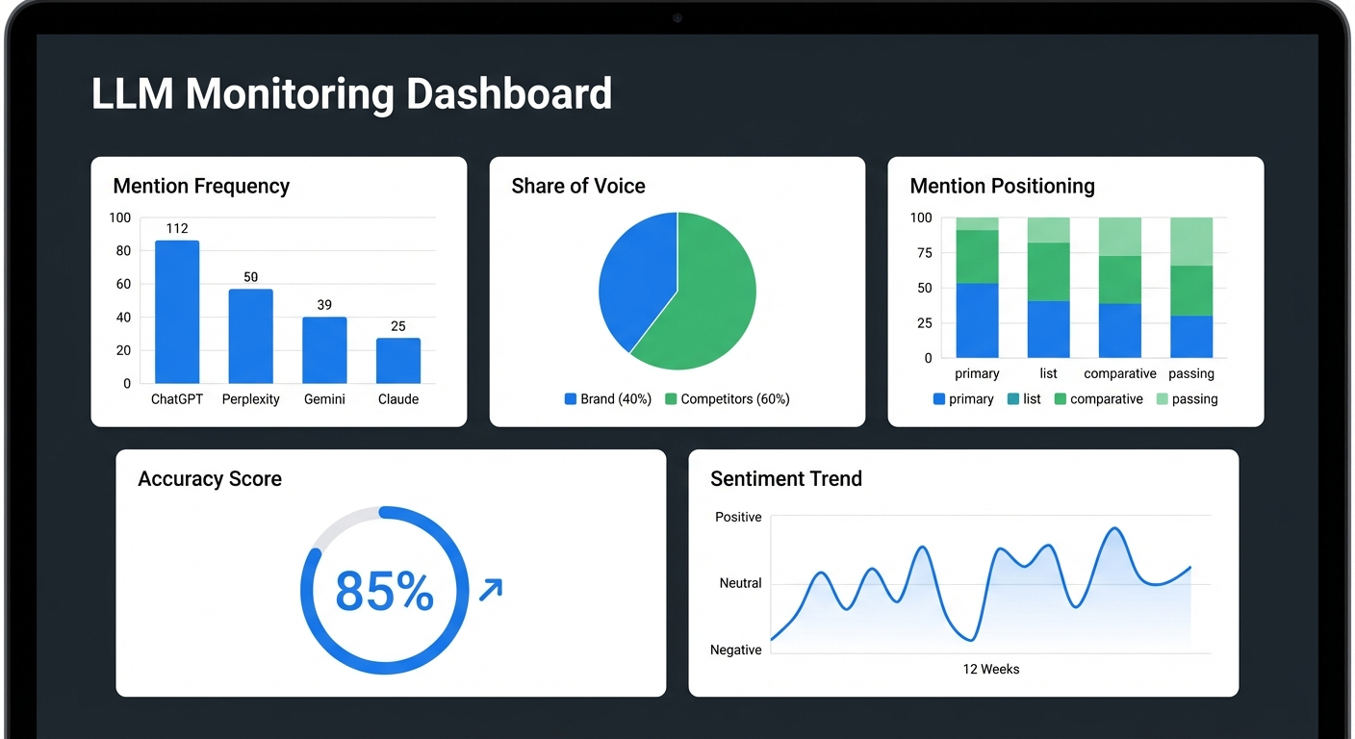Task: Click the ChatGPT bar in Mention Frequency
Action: (x=177, y=312)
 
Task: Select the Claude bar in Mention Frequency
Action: (x=397, y=361)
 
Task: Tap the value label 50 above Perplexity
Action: (x=250, y=277)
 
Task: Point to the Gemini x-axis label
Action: (x=324, y=399)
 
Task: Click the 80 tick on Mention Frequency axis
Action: (x=123, y=251)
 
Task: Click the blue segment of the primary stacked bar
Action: (x=977, y=320)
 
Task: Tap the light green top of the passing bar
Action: (x=1191, y=241)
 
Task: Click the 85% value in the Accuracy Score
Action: (x=384, y=591)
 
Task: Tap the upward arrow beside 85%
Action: (x=491, y=589)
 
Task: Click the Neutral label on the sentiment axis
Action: (x=740, y=583)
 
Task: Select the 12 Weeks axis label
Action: (x=990, y=669)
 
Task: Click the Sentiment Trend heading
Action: (x=785, y=479)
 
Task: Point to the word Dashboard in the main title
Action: (x=508, y=94)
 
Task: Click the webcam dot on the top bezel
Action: (x=677, y=17)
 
